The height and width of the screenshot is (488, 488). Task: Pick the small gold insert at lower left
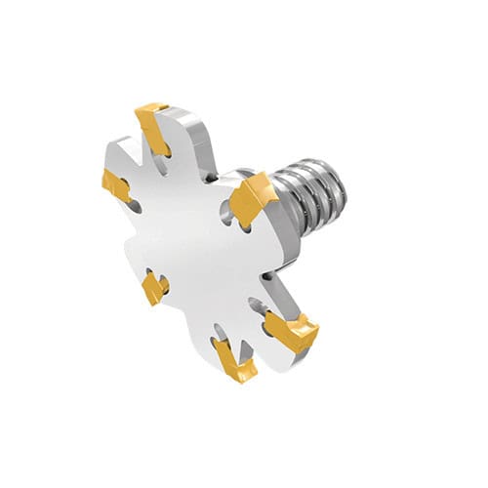point(152,287)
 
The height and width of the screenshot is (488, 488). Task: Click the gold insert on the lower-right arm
point(292,331)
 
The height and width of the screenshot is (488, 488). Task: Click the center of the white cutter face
point(200,244)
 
